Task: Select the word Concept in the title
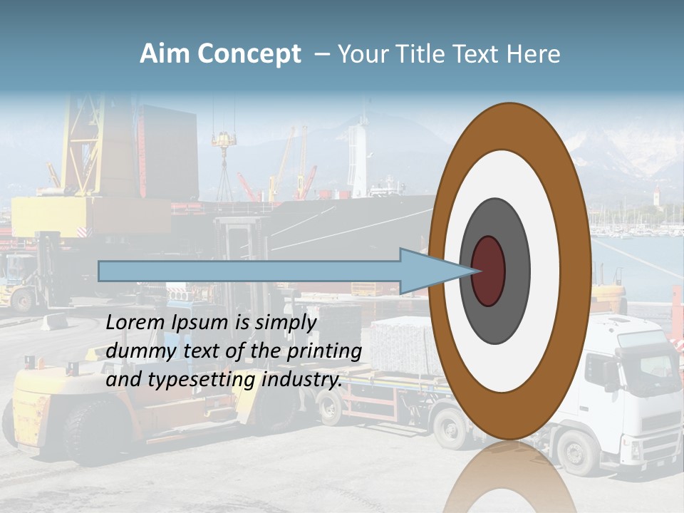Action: point(249,54)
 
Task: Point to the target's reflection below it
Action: point(509,477)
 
